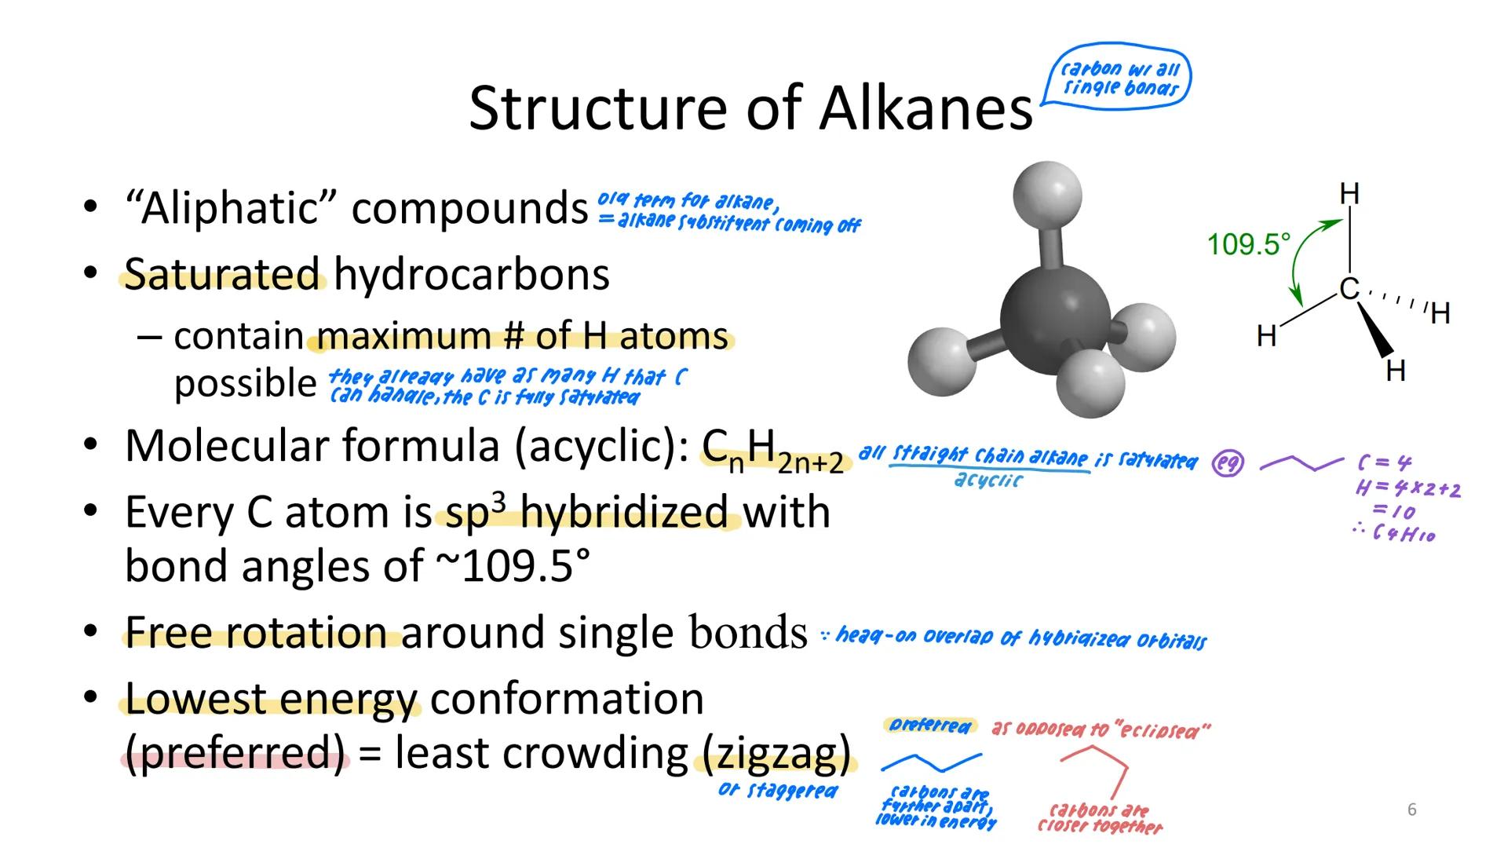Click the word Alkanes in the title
coord(926,108)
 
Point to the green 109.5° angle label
coord(1248,244)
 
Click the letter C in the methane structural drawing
coord(1349,289)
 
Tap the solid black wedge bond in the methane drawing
coord(1374,331)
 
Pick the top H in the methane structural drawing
coord(1349,193)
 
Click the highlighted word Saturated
coord(223,275)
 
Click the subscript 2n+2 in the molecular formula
coord(810,464)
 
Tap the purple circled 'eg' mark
coord(1228,464)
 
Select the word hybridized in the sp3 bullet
coord(624,513)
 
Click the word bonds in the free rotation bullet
coord(748,632)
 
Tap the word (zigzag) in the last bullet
coord(775,753)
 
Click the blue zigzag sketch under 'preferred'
coord(931,762)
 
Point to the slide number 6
coord(1411,810)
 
